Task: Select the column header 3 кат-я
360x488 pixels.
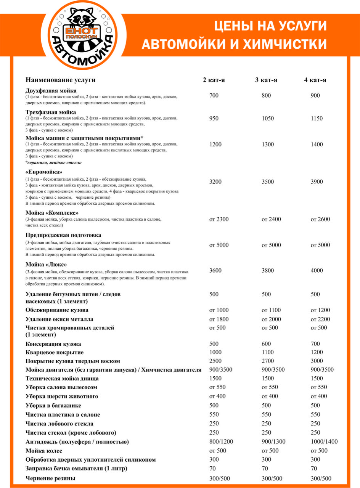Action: click(266, 80)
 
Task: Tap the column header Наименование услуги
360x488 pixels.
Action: click(60, 80)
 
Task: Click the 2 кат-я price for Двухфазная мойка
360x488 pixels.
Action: click(214, 95)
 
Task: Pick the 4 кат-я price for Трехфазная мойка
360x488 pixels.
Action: click(316, 118)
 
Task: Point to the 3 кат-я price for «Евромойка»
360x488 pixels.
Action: click(268, 182)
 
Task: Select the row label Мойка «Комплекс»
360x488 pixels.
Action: click(52, 212)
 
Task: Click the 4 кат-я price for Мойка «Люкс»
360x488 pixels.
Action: click(316, 270)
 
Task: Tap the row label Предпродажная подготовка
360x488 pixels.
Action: click(63, 235)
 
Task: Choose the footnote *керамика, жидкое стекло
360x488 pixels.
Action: click(53, 162)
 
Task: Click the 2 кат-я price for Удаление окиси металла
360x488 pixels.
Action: click(219, 319)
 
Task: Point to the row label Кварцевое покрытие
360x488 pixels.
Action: click(55, 352)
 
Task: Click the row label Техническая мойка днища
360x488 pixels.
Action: click(62, 379)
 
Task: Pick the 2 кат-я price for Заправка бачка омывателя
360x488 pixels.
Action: click(212, 468)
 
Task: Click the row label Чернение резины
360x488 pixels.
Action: click(50, 478)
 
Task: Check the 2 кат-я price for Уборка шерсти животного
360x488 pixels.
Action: click(218, 396)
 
